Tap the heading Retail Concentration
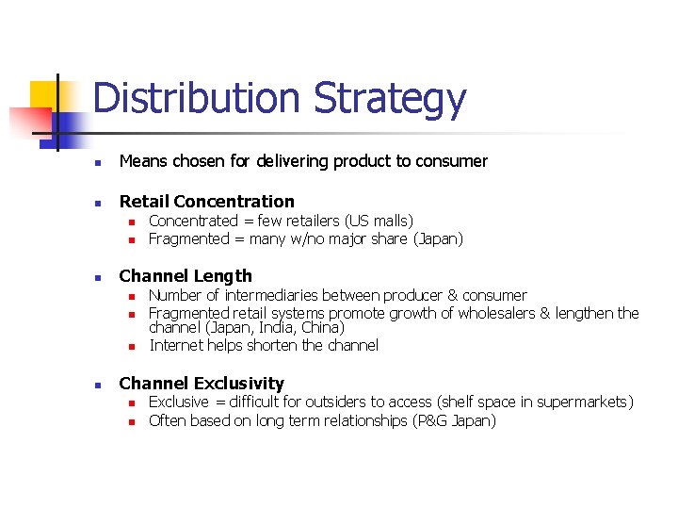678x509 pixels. (x=206, y=201)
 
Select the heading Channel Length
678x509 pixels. (x=186, y=276)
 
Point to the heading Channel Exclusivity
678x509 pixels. (x=202, y=384)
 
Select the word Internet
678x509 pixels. (x=176, y=346)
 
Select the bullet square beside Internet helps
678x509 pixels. (x=133, y=347)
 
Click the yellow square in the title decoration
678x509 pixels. (x=44, y=94)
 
